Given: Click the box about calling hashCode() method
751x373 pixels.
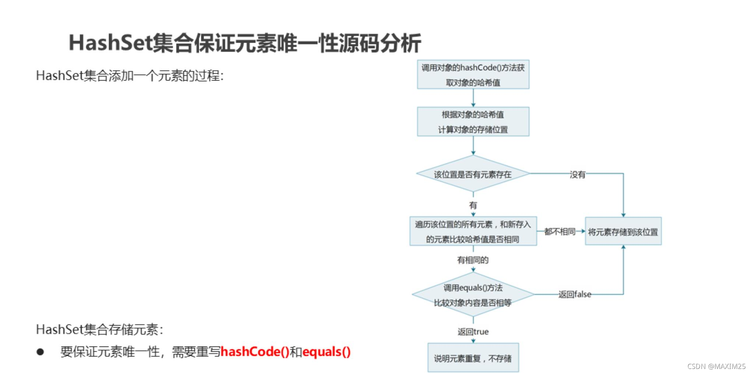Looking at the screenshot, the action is pos(473,75).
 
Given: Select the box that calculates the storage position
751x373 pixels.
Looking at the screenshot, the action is pos(473,122).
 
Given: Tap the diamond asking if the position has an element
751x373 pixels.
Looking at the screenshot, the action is pos(473,174).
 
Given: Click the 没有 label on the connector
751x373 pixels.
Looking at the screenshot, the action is pos(577,174).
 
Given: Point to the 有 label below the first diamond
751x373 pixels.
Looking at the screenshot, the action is pos(473,205).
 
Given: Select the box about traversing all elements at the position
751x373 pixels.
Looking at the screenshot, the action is pos(473,231).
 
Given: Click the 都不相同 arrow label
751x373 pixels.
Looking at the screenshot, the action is pos(560,231).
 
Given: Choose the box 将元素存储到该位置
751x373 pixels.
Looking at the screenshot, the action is pos(623,232).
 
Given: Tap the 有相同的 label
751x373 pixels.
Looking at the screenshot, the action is pos(473,260).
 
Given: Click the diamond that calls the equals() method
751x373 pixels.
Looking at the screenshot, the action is pos(473,295).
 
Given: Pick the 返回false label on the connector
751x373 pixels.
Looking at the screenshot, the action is pos(575,294).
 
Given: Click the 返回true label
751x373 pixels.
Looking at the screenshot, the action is pos(473,331).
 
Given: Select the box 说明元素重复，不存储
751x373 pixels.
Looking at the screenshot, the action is pos(473,358).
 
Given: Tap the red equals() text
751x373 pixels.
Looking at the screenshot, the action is pos(326,352).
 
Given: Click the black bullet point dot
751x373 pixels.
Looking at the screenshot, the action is pos(40,352).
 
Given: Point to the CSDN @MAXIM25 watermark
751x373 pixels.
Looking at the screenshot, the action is pos(716,366).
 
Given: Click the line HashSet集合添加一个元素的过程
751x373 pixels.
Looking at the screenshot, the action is pos(130,76).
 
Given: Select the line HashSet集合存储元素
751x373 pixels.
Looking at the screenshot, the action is pos(99,329).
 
